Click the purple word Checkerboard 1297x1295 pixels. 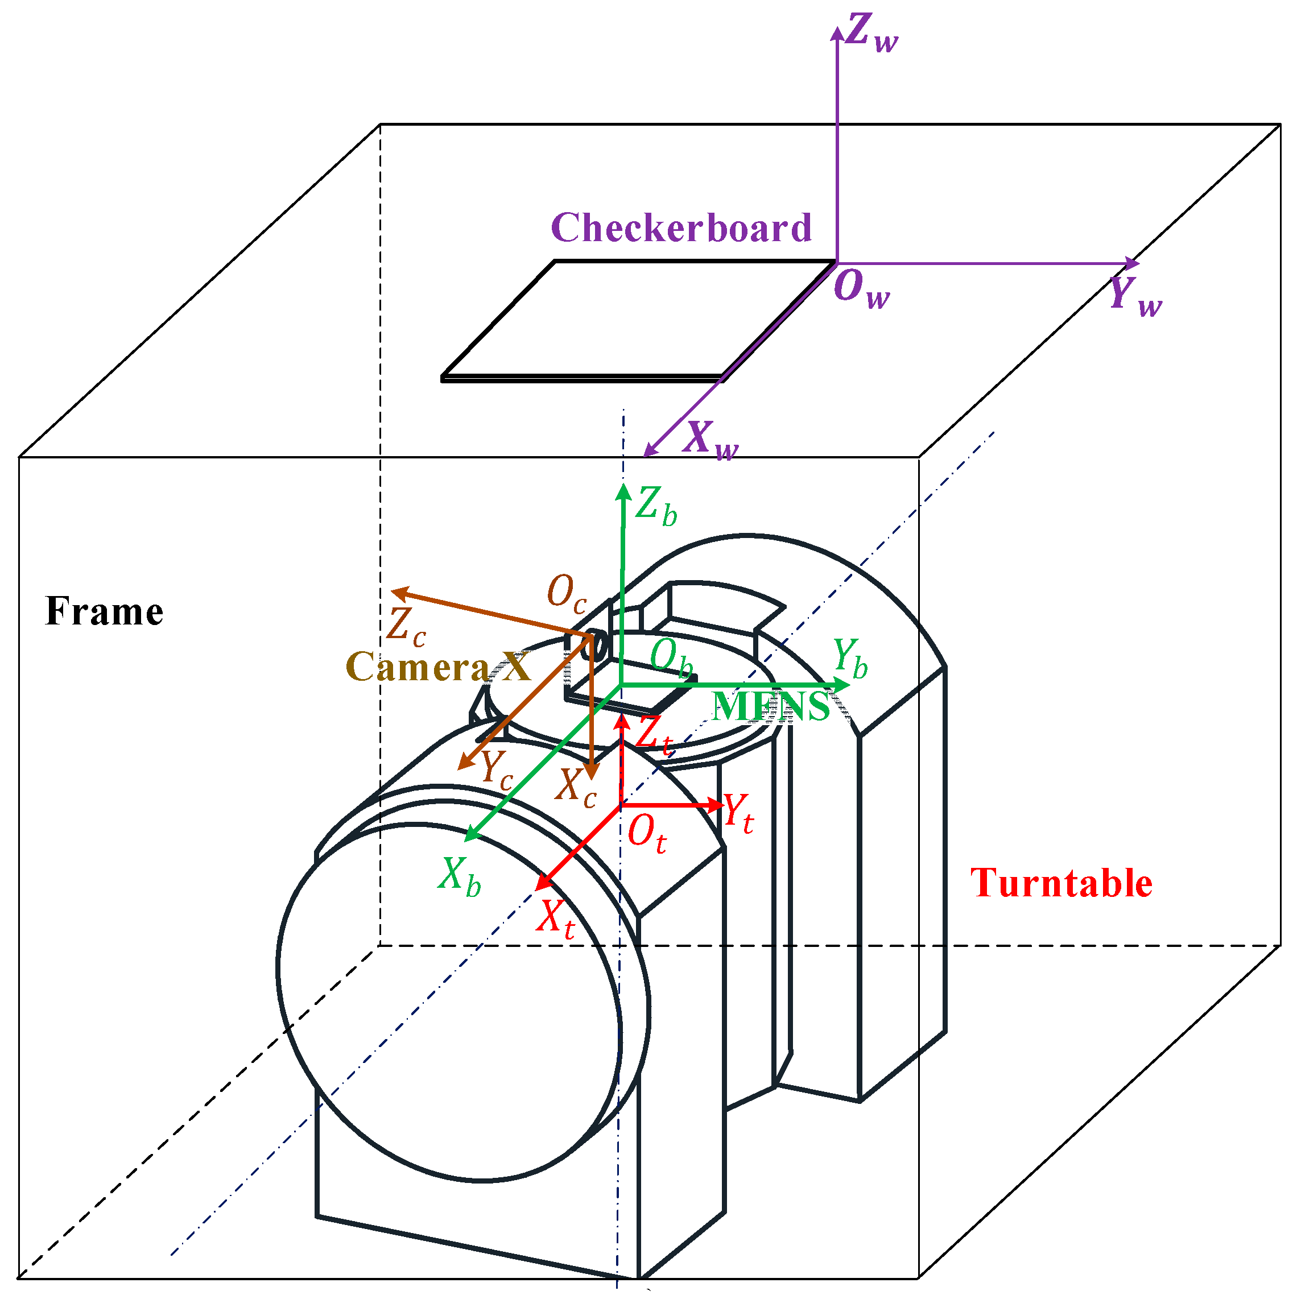[681, 228]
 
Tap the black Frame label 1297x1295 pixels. [104, 611]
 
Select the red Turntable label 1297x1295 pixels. [1061, 883]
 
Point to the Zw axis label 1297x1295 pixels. [871, 34]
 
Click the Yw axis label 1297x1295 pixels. [1134, 295]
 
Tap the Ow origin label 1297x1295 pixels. [861, 289]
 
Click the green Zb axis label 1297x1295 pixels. [656, 506]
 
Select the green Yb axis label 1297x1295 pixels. [850, 658]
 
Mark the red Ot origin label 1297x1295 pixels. [646, 834]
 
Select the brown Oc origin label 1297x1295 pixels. [566, 593]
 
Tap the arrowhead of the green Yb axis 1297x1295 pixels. [842, 685]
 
